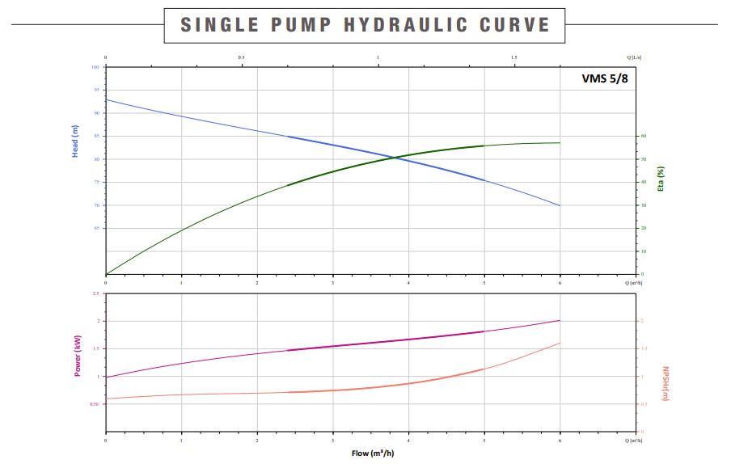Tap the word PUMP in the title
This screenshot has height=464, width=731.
click(x=298, y=25)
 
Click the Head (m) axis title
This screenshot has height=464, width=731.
click(x=76, y=141)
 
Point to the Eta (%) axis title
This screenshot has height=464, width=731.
click(x=661, y=178)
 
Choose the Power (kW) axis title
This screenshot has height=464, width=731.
click(x=78, y=357)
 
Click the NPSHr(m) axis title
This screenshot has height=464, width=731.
click(x=666, y=383)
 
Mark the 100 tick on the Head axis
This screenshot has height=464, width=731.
click(x=95, y=67)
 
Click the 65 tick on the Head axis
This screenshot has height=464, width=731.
click(x=97, y=228)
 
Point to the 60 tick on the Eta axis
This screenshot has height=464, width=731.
click(x=644, y=136)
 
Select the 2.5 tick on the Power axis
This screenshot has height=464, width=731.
click(x=95, y=293)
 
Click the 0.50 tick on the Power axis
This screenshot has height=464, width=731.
click(x=94, y=404)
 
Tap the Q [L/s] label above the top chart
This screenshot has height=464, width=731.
click(x=636, y=58)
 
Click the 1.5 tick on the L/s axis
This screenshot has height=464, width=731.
click(x=514, y=58)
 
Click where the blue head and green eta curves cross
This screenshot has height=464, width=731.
click(x=395, y=157)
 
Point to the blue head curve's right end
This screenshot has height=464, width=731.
click(x=560, y=205)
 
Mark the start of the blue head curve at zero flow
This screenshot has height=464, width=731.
click(x=106, y=99)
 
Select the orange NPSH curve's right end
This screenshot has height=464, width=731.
click(x=560, y=343)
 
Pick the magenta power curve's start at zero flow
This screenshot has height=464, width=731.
click(x=106, y=377)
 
